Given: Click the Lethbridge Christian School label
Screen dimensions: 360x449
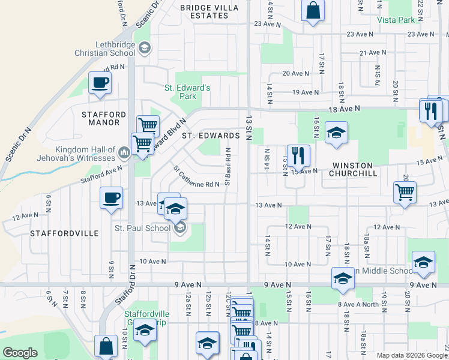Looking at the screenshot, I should [115, 49].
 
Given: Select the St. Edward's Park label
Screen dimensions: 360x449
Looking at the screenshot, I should [188, 92].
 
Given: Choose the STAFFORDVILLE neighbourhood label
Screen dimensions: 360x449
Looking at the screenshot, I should [64, 233].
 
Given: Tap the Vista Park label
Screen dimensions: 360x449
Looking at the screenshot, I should [396, 20].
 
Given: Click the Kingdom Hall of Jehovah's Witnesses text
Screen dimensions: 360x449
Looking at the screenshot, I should [85, 154].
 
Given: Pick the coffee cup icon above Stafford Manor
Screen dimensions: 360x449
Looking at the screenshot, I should [100, 83].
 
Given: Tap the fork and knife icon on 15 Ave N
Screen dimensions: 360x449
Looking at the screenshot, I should [298, 156].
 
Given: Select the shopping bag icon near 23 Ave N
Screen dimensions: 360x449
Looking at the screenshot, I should [313, 10].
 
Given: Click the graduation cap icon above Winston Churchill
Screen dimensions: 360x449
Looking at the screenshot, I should [336, 133].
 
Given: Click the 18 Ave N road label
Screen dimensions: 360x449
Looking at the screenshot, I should [344, 108].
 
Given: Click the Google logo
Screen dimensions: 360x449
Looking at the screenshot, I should [20, 353].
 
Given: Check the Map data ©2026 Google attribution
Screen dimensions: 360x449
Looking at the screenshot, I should [412, 355].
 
